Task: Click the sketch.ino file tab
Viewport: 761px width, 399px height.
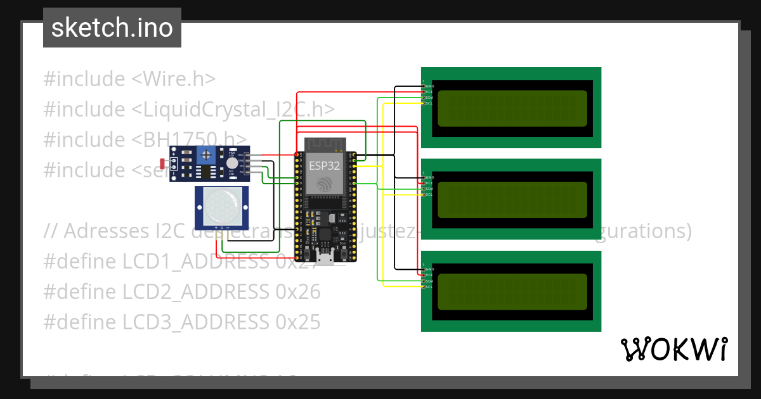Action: pyautogui.click(x=112, y=28)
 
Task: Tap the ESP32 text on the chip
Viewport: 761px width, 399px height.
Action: pyautogui.click(x=324, y=166)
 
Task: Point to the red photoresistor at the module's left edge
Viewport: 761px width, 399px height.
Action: pyautogui.click(x=164, y=163)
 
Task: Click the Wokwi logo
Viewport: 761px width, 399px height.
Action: pyautogui.click(x=673, y=350)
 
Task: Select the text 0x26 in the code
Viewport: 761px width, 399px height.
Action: pyautogui.click(x=297, y=292)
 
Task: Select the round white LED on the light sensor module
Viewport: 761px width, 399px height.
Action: pyautogui.click(x=231, y=163)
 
